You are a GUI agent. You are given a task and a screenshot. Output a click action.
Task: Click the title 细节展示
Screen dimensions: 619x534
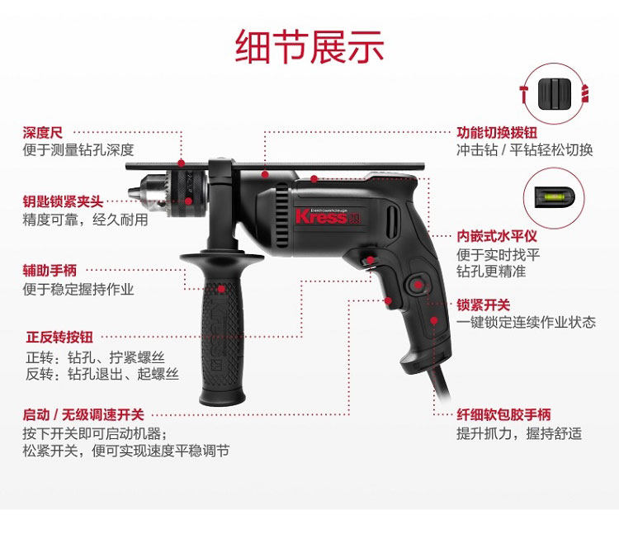(x=309, y=46)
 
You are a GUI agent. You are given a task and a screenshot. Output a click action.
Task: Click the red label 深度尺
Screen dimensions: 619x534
(x=42, y=132)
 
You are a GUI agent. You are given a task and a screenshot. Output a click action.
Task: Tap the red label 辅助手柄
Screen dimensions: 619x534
(x=50, y=271)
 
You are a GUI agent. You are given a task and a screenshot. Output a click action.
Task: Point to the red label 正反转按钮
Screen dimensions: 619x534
(x=59, y=338)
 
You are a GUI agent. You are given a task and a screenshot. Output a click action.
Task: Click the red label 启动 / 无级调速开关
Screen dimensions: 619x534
(x=83, y=415)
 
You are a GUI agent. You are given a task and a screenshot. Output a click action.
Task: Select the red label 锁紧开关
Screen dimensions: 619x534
(x=484, y=305)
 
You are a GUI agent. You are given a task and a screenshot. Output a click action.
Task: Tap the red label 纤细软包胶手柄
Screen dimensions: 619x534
(x=503, y=414)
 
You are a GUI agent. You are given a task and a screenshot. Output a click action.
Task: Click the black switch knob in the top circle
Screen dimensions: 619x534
(x=551, y=90)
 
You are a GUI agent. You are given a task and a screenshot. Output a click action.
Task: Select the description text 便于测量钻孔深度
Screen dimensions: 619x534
(x=78, y=150)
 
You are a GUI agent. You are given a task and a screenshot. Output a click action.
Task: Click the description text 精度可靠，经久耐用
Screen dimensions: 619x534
(x=85, y=220)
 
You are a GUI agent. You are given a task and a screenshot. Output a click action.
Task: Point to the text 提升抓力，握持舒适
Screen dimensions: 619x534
(x=519, y=433)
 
